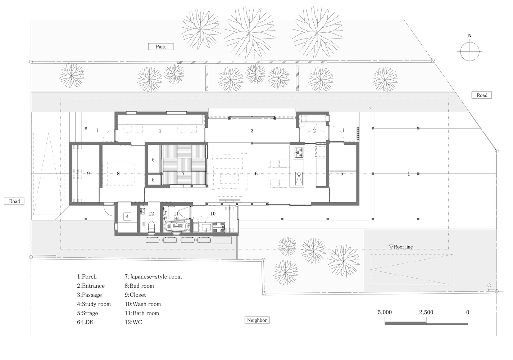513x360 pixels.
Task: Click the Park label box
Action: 161,46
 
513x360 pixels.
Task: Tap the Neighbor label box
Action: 257,320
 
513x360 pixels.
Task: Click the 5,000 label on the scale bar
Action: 385,312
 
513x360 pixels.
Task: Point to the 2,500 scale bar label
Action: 426,312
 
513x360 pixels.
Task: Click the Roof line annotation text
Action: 401,247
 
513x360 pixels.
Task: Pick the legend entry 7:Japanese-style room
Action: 153,276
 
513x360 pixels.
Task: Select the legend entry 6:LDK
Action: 85,322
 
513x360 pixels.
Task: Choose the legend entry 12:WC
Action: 133,322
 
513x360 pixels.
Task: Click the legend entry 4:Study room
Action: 94,304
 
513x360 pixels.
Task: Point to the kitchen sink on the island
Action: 299,179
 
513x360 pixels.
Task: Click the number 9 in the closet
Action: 88,174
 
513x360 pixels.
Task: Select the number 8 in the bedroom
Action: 118,174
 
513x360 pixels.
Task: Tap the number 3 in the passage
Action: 252,131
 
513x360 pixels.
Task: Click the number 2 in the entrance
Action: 314,131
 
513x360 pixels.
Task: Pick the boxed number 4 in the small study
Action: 127,216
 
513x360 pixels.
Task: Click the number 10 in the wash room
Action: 213,213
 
